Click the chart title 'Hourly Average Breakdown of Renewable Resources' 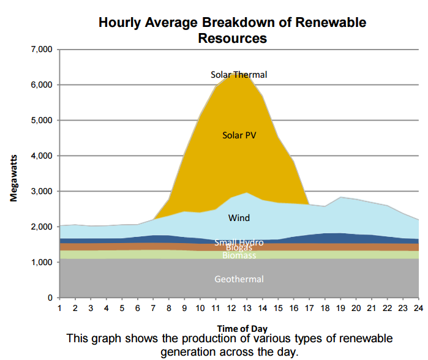coord(232,30)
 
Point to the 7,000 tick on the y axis coord(41,49)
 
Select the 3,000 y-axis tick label coord(41,192)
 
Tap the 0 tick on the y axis coord(50,298)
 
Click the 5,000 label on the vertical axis coord(41,121)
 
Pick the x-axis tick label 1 coord(59,307)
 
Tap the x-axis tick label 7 coord(154,307)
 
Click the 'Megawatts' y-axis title coord(13,177)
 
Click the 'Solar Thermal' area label coord(239,75)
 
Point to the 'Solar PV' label coord(239,135)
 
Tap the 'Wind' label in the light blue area coord(239,217)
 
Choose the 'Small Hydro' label coord(239,242)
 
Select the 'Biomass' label coord(239,255)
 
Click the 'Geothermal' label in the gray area coord(239,279)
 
